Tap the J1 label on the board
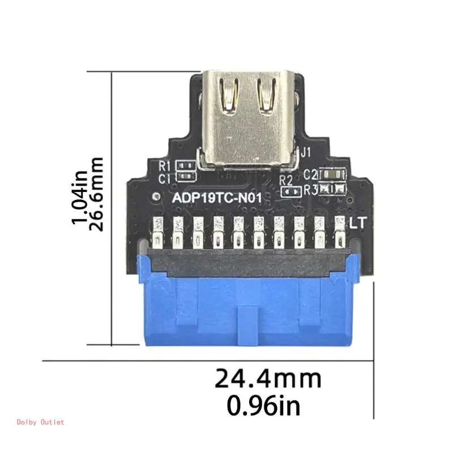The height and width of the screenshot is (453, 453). click(306, 152)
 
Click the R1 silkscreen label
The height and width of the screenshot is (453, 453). click(165, 166)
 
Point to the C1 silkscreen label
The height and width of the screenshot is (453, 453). click(165, 179)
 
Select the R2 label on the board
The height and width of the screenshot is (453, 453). click(287, 181)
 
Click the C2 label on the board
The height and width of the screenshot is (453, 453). click(311, 175)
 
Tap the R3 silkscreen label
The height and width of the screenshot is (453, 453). click(311, 190)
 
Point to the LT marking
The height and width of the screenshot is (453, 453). click(358, 223)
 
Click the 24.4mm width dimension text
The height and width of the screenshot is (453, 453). click(267, 378)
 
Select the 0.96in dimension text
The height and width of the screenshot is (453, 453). click(263, 405)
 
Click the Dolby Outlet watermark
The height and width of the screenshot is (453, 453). click(41, 422)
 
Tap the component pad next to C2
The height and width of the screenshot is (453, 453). click(331, 175)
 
